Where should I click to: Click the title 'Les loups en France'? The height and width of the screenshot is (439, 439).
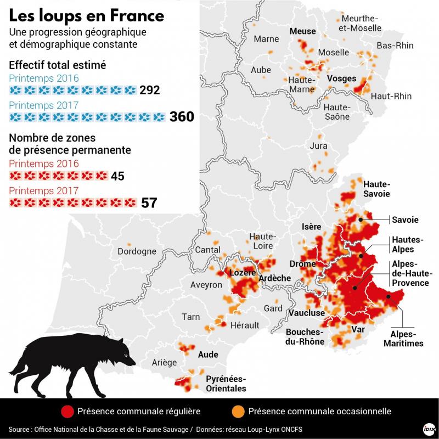[87, 15]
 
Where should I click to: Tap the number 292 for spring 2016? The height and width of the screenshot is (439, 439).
[149, 90]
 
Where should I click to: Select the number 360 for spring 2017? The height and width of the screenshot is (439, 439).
[182, 117]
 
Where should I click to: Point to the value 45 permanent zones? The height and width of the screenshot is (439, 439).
[117, 176]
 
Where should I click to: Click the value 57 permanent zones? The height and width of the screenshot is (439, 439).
[149, 202]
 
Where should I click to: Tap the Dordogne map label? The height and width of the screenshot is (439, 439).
[137, 252]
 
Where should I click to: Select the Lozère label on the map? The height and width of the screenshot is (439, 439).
[242, 273]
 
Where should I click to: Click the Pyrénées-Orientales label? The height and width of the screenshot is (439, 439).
[226, 384]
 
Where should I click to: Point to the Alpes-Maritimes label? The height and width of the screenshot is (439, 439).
[403, 339]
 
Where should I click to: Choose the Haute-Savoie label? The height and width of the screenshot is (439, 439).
[376, 189]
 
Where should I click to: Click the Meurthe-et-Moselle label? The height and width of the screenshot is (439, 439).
[360, 22]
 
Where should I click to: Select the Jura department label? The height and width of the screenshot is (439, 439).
[318, 146]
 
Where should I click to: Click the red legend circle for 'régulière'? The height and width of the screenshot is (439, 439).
[67, 411]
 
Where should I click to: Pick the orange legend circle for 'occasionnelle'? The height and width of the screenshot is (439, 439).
[238, 411]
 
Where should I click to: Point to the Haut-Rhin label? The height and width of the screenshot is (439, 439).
[391, 96]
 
